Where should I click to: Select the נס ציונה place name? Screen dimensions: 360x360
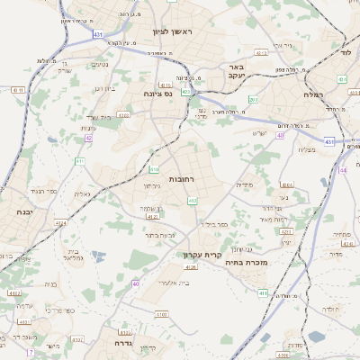tap(157, 93)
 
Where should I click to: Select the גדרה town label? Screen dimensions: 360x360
tap(124, 343)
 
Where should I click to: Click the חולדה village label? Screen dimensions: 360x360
tap(331, 310)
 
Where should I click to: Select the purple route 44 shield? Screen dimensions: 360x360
tap(342, 169)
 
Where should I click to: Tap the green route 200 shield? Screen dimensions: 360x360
tap(254, 100)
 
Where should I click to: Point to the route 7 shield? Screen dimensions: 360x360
tap(29, 350)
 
